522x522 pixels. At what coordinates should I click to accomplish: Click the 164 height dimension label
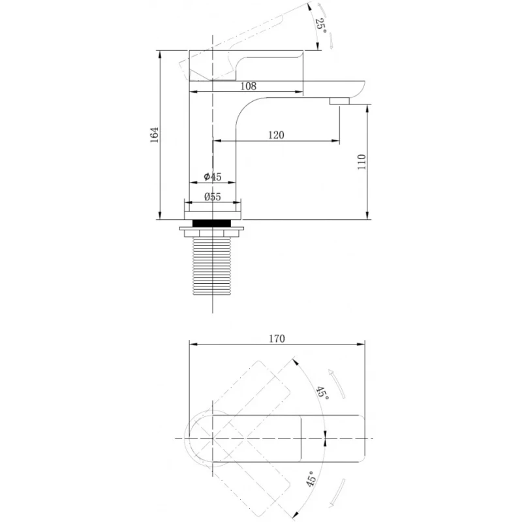coord(155,135)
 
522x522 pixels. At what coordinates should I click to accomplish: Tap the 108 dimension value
coord(249,86)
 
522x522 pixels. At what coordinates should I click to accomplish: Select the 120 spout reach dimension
coord(276,135)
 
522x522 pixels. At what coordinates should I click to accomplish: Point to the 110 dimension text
coord(361,162)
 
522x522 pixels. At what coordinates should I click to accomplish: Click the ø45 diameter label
coord(213,176)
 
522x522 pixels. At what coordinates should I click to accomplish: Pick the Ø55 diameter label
coord(213,197)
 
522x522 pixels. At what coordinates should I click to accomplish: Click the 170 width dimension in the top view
coord(277,339)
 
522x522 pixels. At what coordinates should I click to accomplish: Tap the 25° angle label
coord(321,24)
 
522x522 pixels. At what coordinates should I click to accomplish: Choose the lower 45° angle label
coord(312,479)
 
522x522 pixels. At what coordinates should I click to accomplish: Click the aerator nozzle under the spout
coord(339,101)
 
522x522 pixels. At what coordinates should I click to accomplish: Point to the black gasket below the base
coord(212,223)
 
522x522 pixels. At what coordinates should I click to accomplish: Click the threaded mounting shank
coord(212,266)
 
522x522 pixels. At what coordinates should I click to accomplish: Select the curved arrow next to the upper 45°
coord(337,384)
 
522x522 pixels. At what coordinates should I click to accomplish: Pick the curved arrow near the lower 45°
coord(337,493)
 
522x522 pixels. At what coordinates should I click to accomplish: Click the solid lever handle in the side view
coord(247,66)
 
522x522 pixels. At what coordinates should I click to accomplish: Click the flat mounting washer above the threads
coord(211,229)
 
